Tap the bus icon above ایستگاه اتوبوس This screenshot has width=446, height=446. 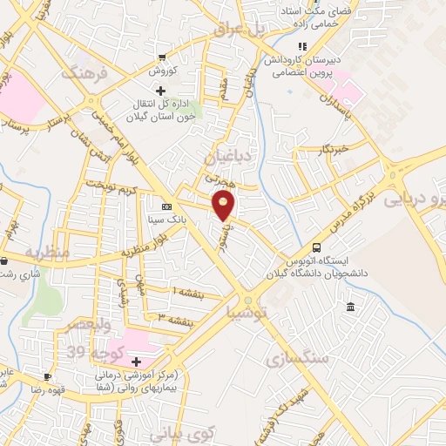tap(316, 247)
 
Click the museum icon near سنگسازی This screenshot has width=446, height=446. tap(350, 307)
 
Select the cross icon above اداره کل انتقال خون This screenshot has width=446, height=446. tap(159, 91)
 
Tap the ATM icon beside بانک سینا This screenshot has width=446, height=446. tap(166, 206)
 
